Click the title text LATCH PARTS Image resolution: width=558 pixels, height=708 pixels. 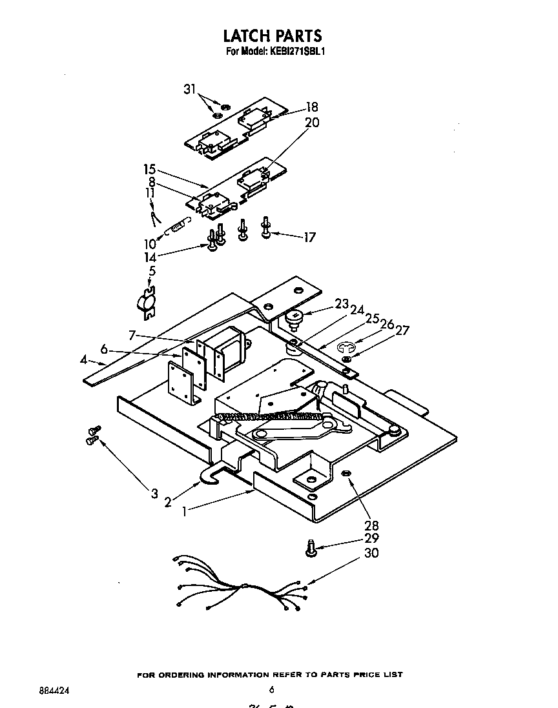[x=272, y=35]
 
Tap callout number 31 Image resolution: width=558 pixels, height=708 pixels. [x=189, y=90]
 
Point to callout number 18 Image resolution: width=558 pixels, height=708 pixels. [x=311, y=108]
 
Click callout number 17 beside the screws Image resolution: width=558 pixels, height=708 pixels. [x=309, y=238]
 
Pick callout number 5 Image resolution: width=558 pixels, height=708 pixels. [x=151, y=272]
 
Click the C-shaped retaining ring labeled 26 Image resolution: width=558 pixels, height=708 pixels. [x=347, y=347]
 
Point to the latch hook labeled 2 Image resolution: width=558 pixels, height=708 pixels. [x=209, y=476]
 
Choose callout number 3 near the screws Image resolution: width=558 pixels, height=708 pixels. [x=154, y=494]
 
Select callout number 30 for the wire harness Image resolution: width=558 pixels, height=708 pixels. [x=371, y=553]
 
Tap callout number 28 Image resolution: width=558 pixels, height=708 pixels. [x=371, y=525]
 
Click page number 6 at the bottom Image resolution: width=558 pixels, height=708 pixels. [x=272, y=689]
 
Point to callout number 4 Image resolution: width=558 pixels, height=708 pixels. [x=83, y=360]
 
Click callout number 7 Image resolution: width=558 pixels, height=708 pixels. [x=132, y=335]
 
